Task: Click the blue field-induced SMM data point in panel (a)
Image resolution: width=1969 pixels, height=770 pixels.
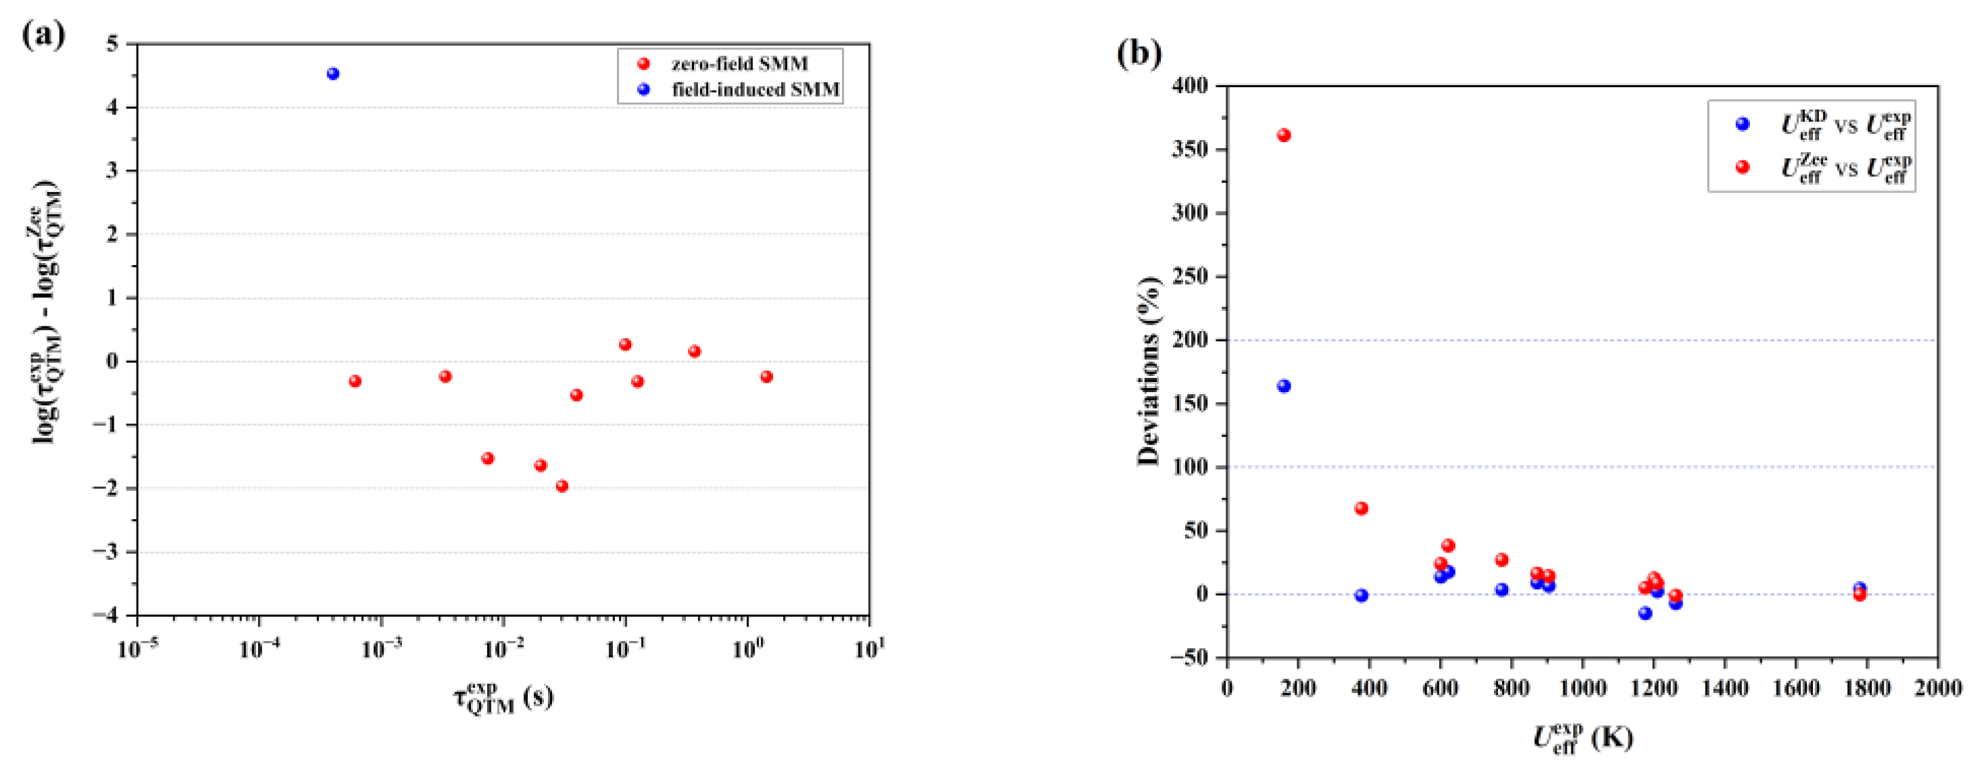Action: point(332,74)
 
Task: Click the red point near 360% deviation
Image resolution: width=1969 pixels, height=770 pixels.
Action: point(1284,135)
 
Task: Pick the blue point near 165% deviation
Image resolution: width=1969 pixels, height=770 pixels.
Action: point(1284,386)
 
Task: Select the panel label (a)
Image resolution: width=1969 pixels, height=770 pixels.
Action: point(43,35)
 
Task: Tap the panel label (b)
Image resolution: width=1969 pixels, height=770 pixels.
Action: point(1139,53)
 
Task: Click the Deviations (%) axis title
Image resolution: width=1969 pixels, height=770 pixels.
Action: point(1148,371)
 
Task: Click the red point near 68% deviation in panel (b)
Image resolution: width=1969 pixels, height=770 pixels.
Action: point(1362,508)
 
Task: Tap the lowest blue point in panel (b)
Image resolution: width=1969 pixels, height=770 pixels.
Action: point(1645,613)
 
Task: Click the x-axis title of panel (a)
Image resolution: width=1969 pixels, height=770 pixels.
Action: point(503,698)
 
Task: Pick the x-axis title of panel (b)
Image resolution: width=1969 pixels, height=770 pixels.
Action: point(1582,738)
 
